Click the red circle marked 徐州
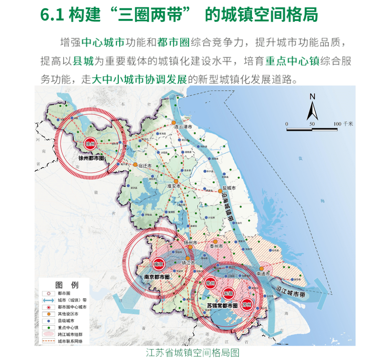tap(90, 144)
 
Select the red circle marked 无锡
tap(228, 293)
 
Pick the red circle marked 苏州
tap(246, 305)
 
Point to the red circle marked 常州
tap(211, 283)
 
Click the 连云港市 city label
tap(183, 127)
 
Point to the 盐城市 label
tap(228, 188)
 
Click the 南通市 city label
tap(263, 274)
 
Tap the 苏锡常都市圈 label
tap(222, 306)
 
